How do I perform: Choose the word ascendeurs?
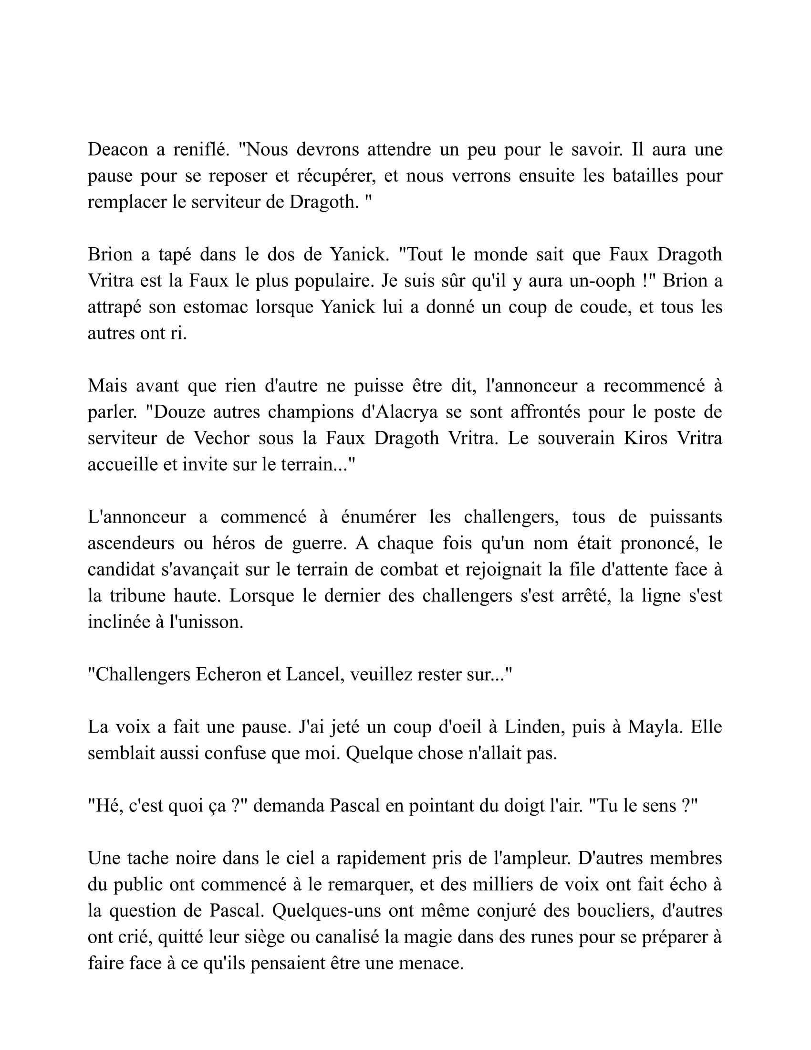131,543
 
